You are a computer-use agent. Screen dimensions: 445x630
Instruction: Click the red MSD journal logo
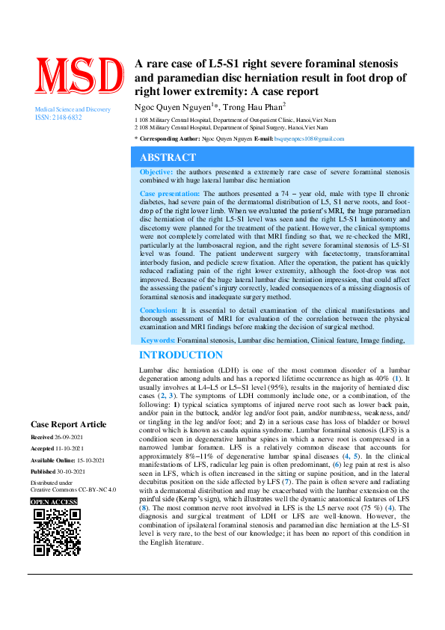(x=78, y=76)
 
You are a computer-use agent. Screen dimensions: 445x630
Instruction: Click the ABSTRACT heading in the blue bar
(x=168, y=157)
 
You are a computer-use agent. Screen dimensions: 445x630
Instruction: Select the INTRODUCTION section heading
(x=181, y=355)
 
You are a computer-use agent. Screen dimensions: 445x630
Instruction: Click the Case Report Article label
(x=68, y=424)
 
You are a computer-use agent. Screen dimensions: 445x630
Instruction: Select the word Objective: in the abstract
(x=156, y=172)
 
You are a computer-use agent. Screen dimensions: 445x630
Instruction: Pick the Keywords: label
(x=158, y=340)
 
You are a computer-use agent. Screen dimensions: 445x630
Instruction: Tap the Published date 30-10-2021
(x=79, y=471)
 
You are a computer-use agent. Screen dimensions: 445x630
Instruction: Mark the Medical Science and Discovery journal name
(x=73, y=110)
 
